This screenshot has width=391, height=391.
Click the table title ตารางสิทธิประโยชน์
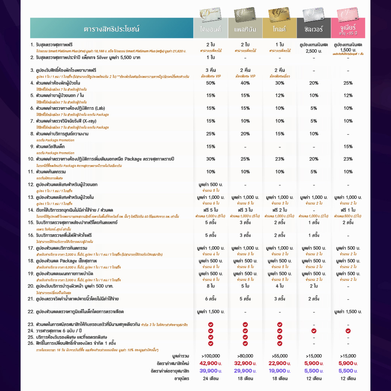pyautogui.click(x=111, y=29)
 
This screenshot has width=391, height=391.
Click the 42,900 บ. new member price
pyautogui.click(x=211, y=363)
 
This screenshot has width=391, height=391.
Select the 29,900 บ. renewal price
pyautogui.click(x=245, y=371)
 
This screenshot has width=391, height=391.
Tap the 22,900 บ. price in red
pyautogui.click(x=280, y=363)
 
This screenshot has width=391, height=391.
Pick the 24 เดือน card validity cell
pyautogui.click(x=211, y=379)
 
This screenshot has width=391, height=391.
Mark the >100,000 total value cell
pyautogui.click(x=211, y=356)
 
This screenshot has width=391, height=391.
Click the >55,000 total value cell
pyautogui.click(x=280, y=356)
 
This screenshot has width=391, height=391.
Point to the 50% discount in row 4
pyautogui.click(x=211, y=83)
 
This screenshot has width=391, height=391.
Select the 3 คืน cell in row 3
pyautogui.click(x=211, y=70)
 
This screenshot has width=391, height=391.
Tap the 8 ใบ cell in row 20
pyautogui.click(x=211, y=286)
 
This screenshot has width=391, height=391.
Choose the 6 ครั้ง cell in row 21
pyautogui.click(x=211, y=299)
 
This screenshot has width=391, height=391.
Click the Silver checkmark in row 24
pyautogui.click(x=314, y=331)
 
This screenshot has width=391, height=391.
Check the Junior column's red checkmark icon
pyautogui.click(x=348, y=331)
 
